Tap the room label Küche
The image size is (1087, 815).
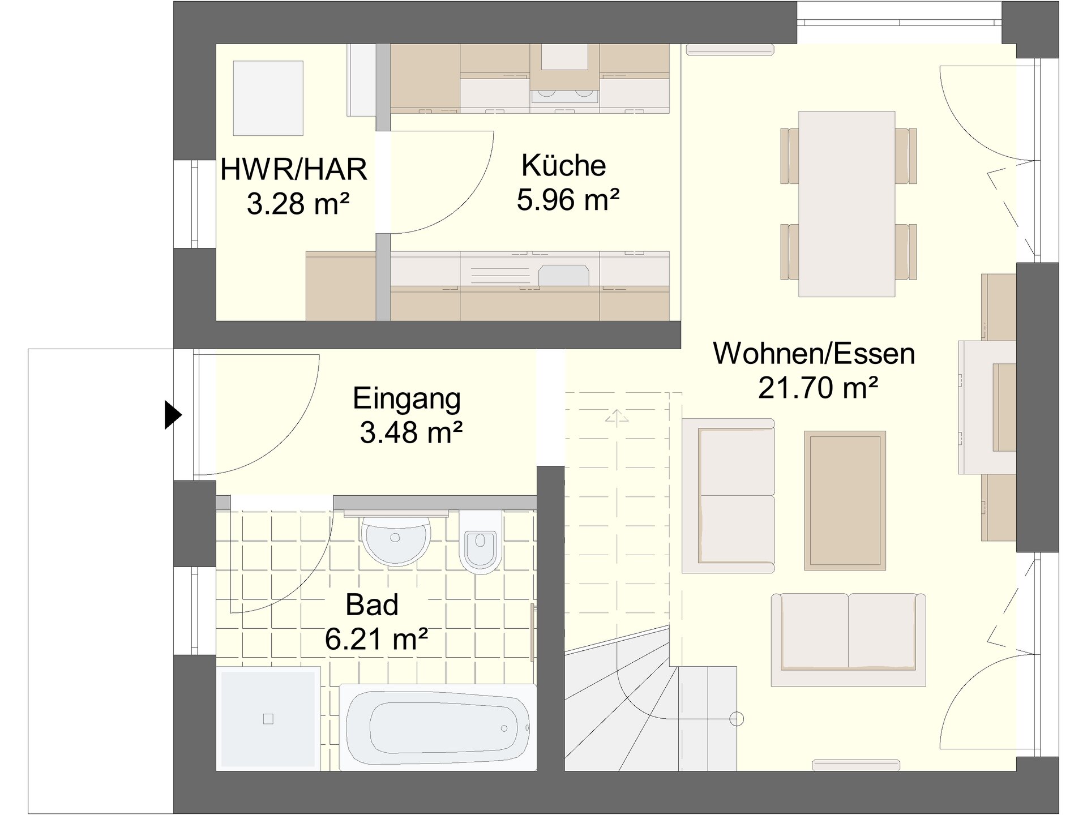563,165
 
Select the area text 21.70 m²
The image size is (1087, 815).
818,388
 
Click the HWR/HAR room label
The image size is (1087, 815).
294,170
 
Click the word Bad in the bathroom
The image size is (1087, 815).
372,604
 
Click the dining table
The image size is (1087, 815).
846,204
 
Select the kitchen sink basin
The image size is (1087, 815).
564,275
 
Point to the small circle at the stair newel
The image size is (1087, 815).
736,719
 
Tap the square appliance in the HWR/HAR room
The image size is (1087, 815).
268,98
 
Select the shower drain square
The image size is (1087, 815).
268,719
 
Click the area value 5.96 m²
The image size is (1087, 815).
568,200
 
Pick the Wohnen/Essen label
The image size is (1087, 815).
814,354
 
